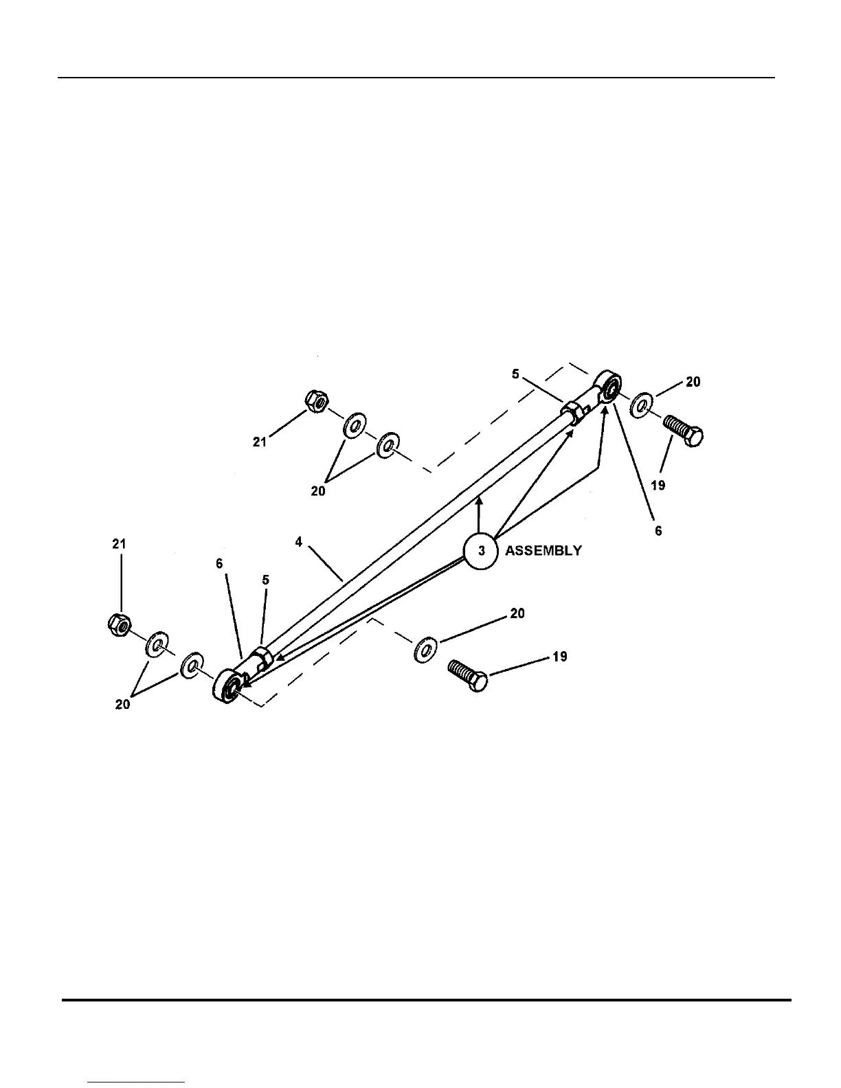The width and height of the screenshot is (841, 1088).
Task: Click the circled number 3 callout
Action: coord(481,551)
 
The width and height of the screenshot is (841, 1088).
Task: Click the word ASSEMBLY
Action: coord(543,551)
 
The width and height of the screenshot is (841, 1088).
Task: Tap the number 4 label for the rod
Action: coord(299,542)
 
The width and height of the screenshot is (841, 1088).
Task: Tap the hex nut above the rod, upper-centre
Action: coord(315,400)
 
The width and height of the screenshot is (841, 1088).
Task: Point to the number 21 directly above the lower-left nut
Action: coord(119,544)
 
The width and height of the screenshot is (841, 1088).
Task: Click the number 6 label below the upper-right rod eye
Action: coord(658,530)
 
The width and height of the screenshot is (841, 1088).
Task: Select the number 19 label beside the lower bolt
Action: coord(559,657)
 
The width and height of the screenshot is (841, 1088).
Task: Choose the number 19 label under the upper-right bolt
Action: coord(658,486)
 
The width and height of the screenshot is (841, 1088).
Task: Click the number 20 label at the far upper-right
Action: coord(693,382)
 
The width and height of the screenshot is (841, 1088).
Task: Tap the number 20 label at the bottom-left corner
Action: coord(122,705)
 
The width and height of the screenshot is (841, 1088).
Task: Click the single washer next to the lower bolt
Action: coord(426,649)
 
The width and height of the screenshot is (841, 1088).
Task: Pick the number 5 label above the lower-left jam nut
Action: coord(265,580)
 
